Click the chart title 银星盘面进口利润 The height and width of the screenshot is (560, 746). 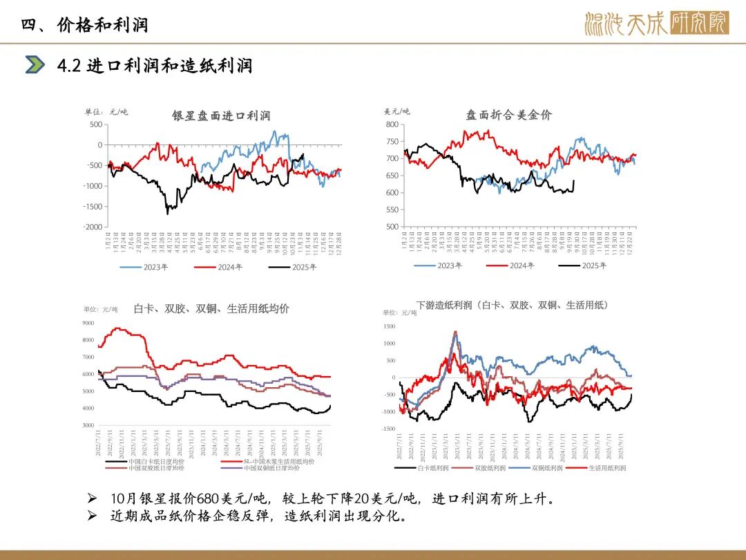click(x=220, y=115)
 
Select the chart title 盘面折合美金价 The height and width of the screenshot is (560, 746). click(x=508, y=115)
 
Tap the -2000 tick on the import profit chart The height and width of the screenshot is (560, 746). click(x=93, y=227)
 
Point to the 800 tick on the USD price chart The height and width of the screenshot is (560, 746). click(x=392, y=124)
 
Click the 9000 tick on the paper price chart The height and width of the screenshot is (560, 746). click(x=88, y=323)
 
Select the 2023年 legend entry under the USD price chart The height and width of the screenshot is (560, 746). click(x=450, y=265)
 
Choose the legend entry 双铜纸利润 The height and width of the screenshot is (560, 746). click(x=546, y=468)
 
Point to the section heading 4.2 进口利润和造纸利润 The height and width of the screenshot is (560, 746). click(x=155, y=66)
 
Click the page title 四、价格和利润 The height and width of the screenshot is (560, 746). click(x=84, y=26)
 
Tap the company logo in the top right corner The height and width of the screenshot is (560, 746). click(x=656, y=24)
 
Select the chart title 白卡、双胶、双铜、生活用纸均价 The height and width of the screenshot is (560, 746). click(x=211, y=309)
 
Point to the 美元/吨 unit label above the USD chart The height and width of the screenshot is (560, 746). click(x=397, y=111)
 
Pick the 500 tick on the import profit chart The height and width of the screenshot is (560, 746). click(x=95, y=124)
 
